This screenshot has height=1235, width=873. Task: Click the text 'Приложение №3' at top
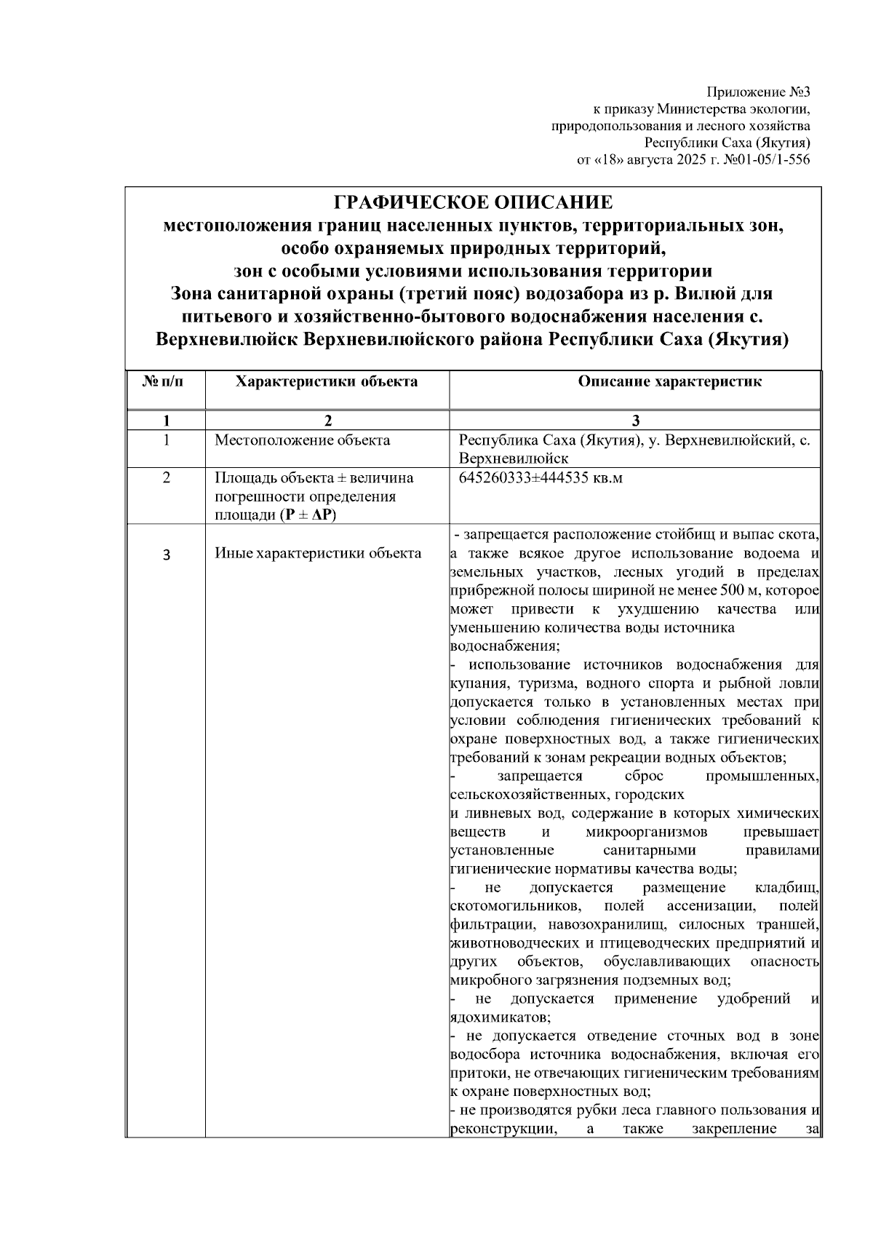758,93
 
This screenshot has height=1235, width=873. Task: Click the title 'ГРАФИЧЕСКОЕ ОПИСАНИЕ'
473,202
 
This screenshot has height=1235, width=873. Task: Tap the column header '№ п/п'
165,382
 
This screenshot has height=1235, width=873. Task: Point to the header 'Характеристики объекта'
327,382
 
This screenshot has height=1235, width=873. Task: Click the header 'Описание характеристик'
669,382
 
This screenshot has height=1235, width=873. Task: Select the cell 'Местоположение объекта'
302,440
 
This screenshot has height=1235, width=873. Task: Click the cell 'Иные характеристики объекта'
318,553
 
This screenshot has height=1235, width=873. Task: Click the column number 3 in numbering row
636,421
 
